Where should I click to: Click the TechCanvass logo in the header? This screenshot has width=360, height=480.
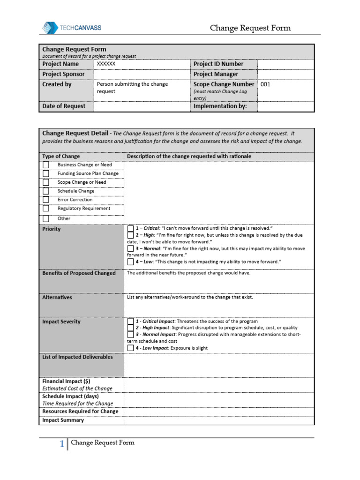tap(72, 28)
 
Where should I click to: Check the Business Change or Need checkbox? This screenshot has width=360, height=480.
tap(46, 165)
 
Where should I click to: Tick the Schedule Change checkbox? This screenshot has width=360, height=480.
tap(46, 191)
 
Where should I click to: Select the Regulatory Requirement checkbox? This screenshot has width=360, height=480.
tap(46, 209)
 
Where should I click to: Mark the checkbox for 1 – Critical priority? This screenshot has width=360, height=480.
tap(130, 228)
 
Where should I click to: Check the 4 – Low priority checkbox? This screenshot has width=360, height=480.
tap(130, 262)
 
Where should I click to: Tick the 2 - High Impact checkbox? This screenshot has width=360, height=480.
tap(130, 328)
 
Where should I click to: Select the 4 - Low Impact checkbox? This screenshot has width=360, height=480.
tap(130, 348)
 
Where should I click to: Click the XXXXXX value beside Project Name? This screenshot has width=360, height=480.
tap(106, 64)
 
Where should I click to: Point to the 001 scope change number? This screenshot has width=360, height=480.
tap(265, 85)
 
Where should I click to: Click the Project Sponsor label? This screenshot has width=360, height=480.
tap(64, 74)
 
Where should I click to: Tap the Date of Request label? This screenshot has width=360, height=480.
tap(64, 106)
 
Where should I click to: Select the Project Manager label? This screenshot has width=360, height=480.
tap(216, 74)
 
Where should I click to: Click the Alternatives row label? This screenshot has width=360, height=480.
tap(57, 297)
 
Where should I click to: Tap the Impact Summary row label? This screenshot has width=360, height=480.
tap(63, 420)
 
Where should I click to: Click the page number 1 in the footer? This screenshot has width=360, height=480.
tap(62, 444)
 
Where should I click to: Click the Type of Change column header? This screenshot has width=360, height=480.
tap(61, 156)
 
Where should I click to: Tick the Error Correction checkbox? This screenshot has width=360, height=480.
tap(46, 200)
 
